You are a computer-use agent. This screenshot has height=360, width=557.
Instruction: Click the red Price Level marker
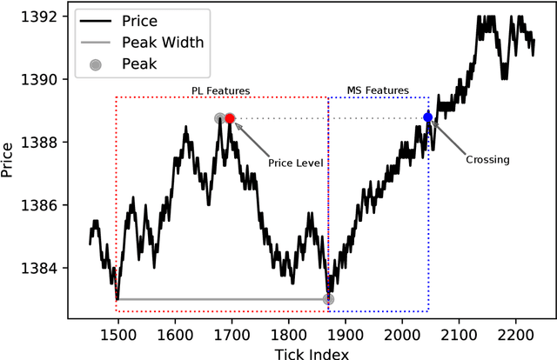[x=230, y=118]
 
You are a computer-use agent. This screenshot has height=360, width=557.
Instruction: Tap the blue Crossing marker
[x=427, y=117]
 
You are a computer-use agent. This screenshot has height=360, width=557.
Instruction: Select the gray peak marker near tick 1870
[x=328, y=299]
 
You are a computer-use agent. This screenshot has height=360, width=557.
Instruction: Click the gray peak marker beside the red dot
[x=220, y=118]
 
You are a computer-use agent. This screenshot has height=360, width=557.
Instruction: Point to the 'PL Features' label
[x=221, y=90]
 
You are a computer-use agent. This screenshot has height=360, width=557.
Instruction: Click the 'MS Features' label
[x=378, y=90]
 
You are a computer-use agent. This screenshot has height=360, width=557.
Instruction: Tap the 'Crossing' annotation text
[x=487, y=159]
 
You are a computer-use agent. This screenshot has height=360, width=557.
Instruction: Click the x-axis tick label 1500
[x=117, y=334]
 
